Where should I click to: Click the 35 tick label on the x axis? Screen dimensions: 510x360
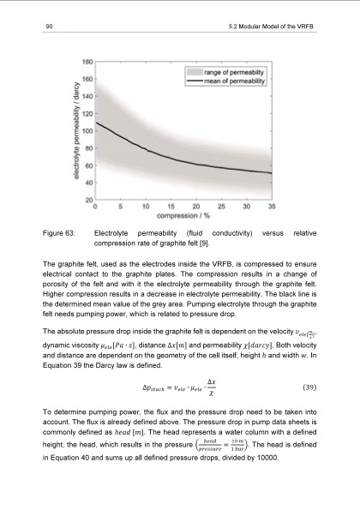point(272,206)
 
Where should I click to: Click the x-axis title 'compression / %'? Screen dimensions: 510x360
point(184,215)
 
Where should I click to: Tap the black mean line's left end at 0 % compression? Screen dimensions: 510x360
point(96,123)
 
